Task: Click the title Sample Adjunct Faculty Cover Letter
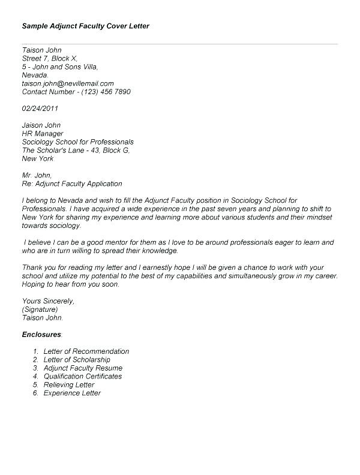86,26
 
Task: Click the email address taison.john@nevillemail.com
68,84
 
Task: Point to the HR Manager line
43,134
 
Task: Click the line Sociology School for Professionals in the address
78,142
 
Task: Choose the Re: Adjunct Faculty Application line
72,184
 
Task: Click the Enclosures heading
42,334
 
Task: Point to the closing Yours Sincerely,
48,300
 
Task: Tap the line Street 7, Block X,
50,59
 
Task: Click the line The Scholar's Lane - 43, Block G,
76,151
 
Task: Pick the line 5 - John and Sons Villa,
61,67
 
